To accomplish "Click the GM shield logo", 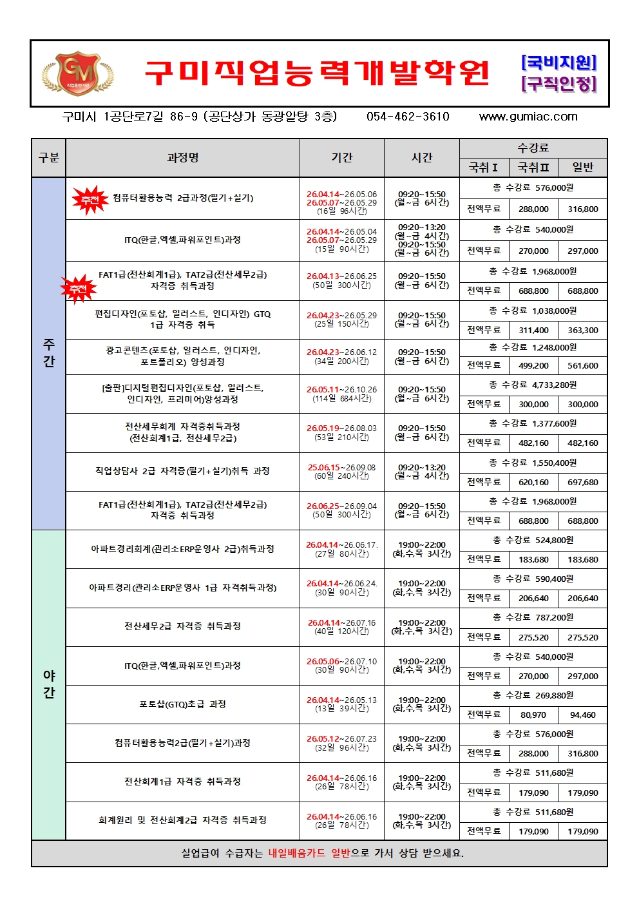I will click(x=77, y=72).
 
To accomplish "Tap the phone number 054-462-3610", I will click(x=408, y=117).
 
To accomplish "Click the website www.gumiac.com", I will click(x=528, y=117).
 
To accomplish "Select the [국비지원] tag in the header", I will click(x=558, y=63).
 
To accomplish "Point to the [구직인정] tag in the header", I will click(x=558, y=84).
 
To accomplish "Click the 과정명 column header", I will click(x=182, y=158).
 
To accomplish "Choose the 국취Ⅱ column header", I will click(x=533, y=168).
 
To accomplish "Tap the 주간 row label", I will click(x=49, y=353).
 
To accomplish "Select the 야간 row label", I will click(x=49, y=684).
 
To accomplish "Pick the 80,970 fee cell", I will click(x=533, y=715).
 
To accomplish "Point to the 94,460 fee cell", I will click(x=582, y=715).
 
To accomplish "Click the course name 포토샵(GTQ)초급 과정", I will click(x=182, y=704).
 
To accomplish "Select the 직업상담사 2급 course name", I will click(x=182, y=471).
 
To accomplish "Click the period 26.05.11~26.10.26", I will click(x=341, y=390).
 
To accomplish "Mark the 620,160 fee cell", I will click(x=533, y=482).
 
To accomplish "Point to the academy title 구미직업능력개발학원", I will click(x=317, y=73).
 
